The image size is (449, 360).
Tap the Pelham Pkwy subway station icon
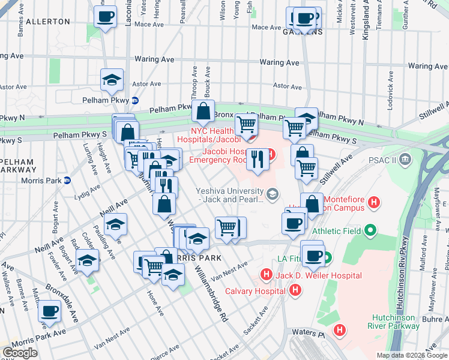pos(136,101)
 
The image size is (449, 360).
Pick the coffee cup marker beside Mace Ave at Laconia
pos(106,17)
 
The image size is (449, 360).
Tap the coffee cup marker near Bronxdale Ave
pos(50,311)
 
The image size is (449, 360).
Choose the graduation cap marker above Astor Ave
pos(112,79)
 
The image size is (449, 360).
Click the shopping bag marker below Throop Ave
pos(203,111)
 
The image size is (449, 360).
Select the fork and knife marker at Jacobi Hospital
pos(258,159)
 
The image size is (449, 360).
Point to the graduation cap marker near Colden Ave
pos(88,260)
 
